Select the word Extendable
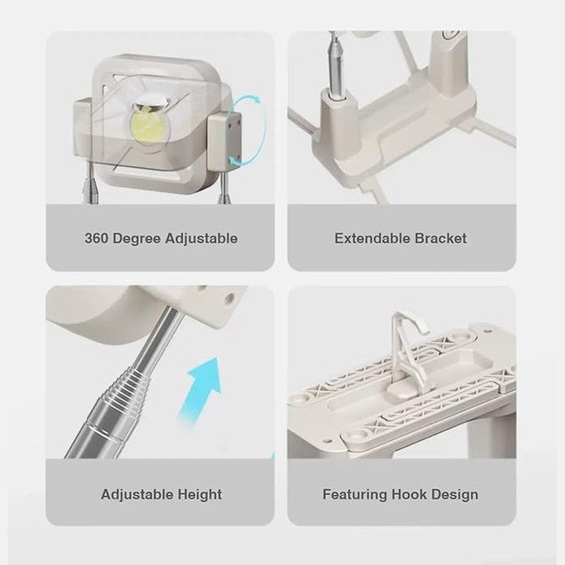(x=373, y=239)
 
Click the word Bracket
(x=441, y=239)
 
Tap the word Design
(x=454, y=495)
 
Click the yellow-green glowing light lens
(x=147, y=125)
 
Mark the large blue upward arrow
(x=200, y=390)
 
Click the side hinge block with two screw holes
(x=225, y=137)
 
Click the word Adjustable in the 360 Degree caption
(x=201, y=240)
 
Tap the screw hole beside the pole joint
(x=229, y=298)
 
